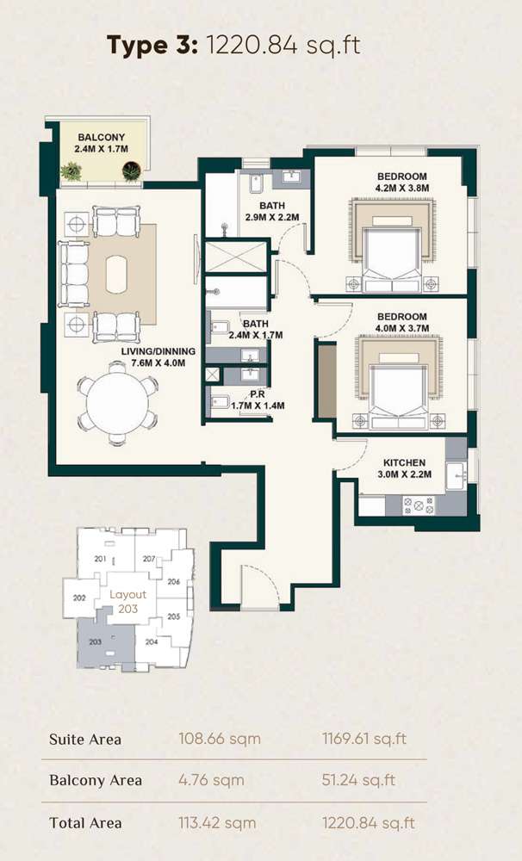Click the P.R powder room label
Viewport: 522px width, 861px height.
click(x=257, y=393)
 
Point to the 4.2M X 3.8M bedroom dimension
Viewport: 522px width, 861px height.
click(x=401, y=188)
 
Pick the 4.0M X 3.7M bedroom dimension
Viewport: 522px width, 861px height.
click(x=401, y=328)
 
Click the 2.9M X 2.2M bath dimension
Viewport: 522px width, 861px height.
click(x=271, y=217)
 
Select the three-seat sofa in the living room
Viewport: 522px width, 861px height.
click(x=73, y=275)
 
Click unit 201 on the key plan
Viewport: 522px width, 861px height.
click(x=101, y=560)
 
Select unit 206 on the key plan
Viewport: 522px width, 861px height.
click(x=173, y=582)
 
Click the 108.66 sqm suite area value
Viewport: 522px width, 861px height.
click(x=219, y=739)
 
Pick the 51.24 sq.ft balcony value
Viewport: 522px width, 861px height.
click(x=358, y=781)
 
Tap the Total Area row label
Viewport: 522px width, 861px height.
click(x=85, y=823)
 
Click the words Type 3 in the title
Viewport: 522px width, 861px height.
click(x=151, y=45)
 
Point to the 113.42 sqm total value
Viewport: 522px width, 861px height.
click(x=219, y=823)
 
